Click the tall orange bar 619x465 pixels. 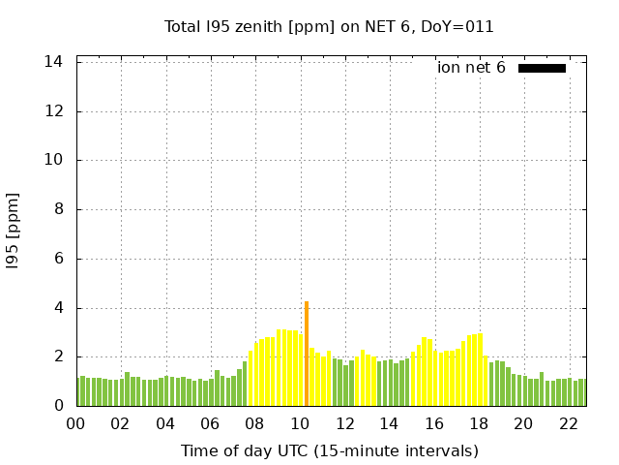pyautogui.click(x=307, y=354)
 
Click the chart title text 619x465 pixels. pyautogui.click(x=329, y=26)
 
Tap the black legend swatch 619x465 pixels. pyautogui.click(x=542, y=68)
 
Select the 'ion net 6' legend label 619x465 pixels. pyautogui.click(x=471, y=68)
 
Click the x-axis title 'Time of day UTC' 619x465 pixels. pyautogui.click(x=329, y=450)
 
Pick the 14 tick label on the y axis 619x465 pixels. pyautogui.click(x=53, y=62)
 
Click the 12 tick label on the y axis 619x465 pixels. pyautogui.click(x=53, y=111)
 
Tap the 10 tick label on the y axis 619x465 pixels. pyautogui.click(x=53, y=161)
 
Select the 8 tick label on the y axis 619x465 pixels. pyautogui.click(x=58, y=209)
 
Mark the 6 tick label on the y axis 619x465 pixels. pyautogui.click(x=58, y=259)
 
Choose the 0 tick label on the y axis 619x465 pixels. pyautogui.click(x=58, y=406)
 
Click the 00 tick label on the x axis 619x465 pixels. pyautogui.click(x=75, y=423)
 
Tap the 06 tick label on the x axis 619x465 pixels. pyautogui.click(x=210, y=423)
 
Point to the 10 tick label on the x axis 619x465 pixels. pyautogui.click(x=300, y=423)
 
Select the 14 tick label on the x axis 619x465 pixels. pyautogui.click(x=389, y=423)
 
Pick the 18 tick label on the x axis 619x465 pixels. pyautogui.click(x=479, y=423)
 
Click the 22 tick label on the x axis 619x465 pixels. pyautogui.click(x=568, y=423)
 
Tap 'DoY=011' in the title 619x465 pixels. pyautogui.click(x=460, y=26)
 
